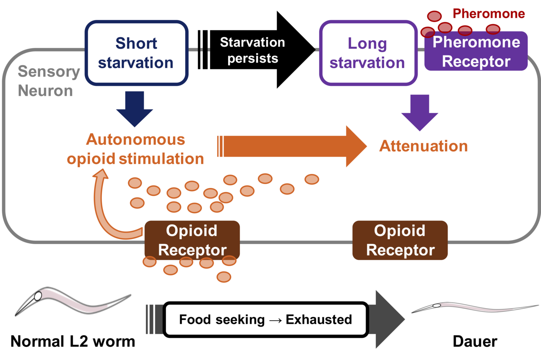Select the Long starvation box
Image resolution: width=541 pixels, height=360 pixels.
367,52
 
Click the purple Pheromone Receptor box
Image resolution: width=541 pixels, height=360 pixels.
476,52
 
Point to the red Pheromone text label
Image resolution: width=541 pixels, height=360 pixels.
489,14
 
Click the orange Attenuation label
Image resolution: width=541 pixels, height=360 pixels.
423,146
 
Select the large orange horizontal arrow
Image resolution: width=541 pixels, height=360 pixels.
292,146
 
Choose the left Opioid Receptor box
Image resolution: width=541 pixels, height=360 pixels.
192,240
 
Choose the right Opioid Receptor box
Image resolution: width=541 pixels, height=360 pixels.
400,240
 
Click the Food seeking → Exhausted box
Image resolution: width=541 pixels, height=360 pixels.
265,319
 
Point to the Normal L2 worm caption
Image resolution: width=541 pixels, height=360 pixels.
73,341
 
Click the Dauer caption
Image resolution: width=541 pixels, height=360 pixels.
475,341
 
